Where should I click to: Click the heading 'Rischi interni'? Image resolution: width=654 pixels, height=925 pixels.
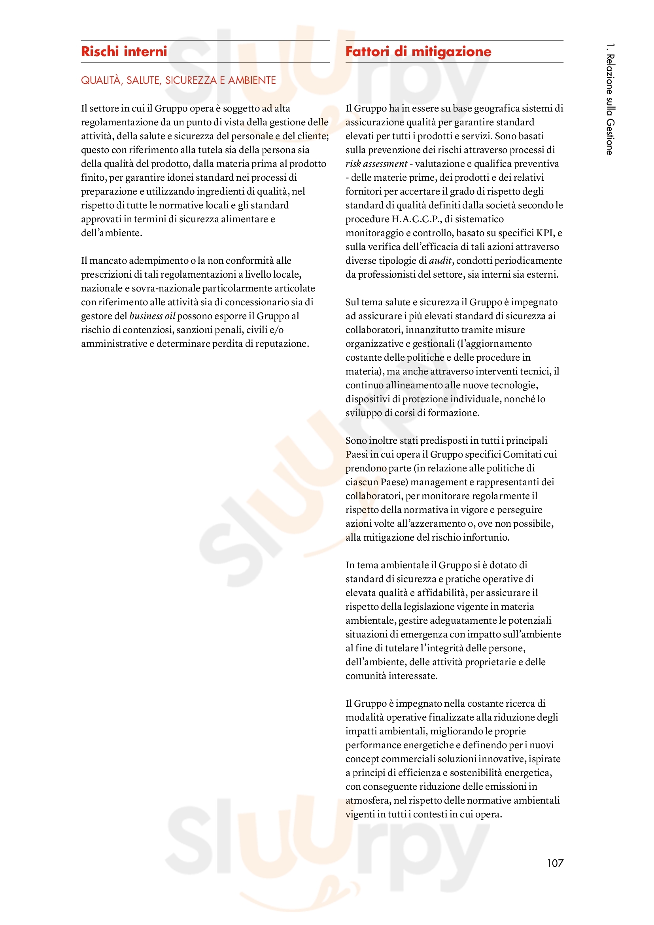pyautogui.click(x=124, y=51)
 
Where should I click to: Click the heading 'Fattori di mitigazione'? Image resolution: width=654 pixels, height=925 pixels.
pyautogui.click(x=418, y=51)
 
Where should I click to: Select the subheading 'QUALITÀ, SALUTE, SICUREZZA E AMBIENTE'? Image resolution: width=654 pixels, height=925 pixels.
pyautogui.click(x=178, y=81)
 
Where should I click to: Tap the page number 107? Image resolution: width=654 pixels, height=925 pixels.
pyautogui.click(x=555, y=863)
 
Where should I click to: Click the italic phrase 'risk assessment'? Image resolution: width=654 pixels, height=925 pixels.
pyautogui.click(x=376, y=164)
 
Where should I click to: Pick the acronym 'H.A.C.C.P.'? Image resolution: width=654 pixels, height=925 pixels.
pyautogui.click(x=416, y=219)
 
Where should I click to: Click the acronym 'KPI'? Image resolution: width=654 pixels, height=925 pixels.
pyautogui.click(x=545, y=233)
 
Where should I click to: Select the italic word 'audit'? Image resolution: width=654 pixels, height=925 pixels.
pyautogui.click(x=440, y=261)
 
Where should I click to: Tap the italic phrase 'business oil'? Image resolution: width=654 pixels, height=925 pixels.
pyautogui.click(x=152, y=316)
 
